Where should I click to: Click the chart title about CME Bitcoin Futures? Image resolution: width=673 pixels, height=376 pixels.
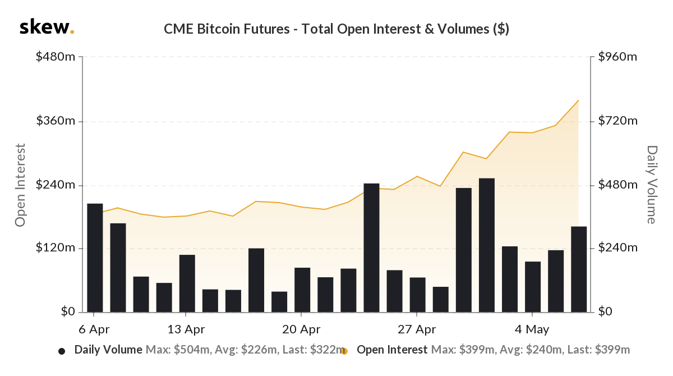pyautogui.click(x=336, y=29)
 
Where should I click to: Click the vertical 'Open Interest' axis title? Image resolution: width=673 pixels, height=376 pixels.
pyautogui.click(x=21, y=185)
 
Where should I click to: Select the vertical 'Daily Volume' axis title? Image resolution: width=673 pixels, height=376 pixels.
pyautogui.click(x=651, y=185)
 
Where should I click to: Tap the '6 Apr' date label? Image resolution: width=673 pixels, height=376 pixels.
pyautogui.click(x=95, y=329)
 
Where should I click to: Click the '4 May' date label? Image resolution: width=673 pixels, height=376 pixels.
pyautogui.click(x=532, y=329)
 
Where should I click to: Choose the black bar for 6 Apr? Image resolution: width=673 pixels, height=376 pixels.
pyautogui.click(x=95, y=258)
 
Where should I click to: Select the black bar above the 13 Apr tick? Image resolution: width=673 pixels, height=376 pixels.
pyautogui.click(x=187, y=283)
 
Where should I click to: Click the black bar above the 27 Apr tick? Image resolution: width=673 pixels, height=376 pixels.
pyautogui.click(x=418, y=295)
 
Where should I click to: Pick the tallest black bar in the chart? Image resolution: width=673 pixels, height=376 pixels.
pyautogui.click(x=487, y=245)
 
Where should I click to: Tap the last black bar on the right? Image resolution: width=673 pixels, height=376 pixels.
pyautogui.click(x=579, y=269)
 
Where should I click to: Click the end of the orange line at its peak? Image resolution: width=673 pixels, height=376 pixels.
pyautogui.click(x=578, y=100)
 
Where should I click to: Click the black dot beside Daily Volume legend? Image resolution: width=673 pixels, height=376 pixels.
pyautogui.click(x=62, y=351)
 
